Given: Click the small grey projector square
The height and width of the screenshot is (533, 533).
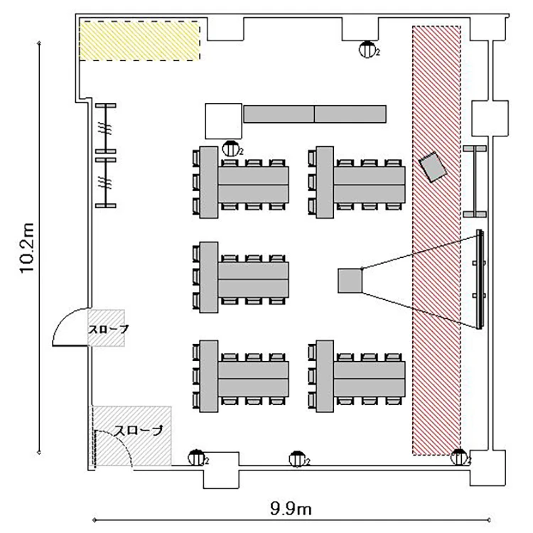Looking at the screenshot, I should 350,280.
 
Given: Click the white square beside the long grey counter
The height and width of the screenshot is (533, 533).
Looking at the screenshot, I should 223,120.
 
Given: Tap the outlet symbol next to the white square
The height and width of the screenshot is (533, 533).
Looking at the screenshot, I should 230,149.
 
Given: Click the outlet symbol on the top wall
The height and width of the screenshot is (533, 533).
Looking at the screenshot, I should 367,49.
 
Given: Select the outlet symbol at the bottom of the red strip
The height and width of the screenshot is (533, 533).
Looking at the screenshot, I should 458,458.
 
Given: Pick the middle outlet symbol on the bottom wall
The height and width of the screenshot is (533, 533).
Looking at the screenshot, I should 298,459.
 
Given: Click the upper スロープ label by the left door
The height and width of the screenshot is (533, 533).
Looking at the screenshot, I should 109,329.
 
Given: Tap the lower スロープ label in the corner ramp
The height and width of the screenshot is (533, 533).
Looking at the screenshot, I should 139,430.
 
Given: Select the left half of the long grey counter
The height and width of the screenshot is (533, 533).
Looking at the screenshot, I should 279,114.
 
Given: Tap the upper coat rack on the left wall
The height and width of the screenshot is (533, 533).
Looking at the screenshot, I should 106,129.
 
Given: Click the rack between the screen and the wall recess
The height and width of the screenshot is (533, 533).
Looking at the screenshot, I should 475,181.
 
